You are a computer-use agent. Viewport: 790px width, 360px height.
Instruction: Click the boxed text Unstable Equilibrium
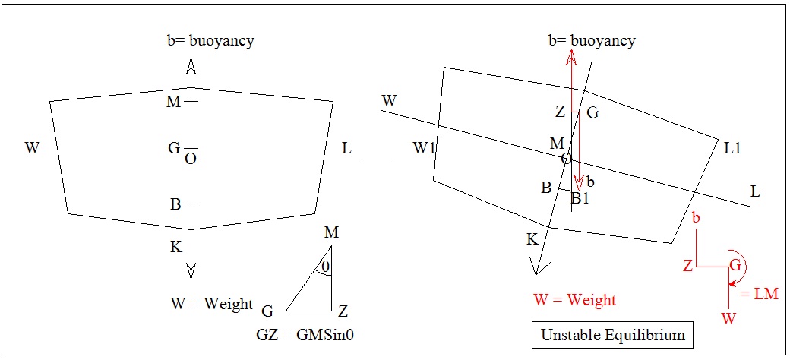[612, 334]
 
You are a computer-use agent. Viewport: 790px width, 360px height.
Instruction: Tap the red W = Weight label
[575, 300]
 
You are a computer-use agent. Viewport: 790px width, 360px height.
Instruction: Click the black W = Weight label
[212, 304]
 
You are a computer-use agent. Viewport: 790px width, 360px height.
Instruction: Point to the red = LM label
[759, 294]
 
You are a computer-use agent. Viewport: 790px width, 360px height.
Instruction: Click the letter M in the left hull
[174, 102]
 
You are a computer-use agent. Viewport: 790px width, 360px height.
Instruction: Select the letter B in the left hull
[175, 204]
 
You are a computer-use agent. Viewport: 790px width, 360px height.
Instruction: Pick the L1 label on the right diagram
[732, 149]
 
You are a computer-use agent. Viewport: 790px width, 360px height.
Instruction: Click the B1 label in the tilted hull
[580, 199]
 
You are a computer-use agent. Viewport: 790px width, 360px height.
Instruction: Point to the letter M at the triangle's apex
[331, 232]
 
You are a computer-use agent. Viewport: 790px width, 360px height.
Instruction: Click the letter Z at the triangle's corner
[343, 311]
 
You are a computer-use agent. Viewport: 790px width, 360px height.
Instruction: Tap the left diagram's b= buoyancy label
[210, 40]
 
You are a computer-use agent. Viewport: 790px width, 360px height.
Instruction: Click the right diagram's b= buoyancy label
[592, 40]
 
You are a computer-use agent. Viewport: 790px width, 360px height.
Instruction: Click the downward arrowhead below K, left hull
[191, 271]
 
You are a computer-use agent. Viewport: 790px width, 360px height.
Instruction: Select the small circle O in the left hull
[191, 158]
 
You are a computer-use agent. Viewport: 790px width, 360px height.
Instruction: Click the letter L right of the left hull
[346, 148]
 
